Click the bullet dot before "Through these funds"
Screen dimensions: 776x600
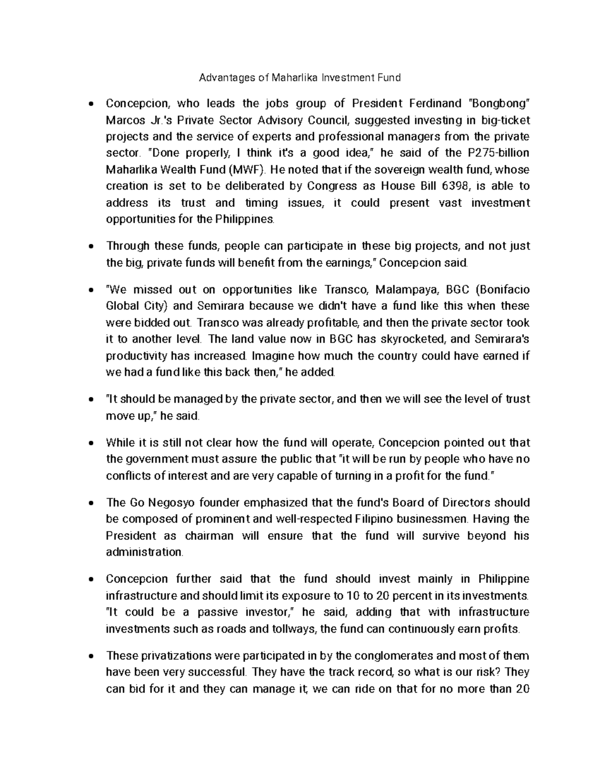pyautogui.click(x=90, y=246)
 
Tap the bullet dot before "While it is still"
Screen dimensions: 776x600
pyautogui.click(x=90, y=443)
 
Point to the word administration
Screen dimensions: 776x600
pyautogui.click(x=144, y=552)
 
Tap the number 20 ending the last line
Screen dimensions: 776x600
pyautogui.click(x=522, y=689)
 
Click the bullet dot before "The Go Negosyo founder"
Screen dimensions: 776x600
pyautogui.click(x=90, y=503)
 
